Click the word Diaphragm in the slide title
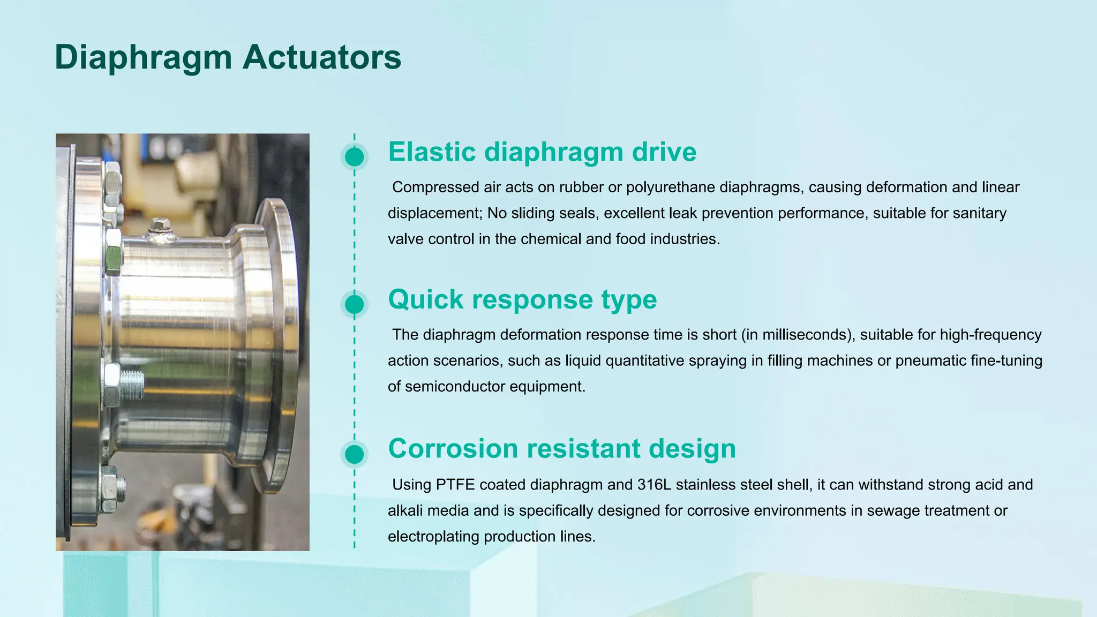coord(143,57)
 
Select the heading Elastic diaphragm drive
coord(542,152)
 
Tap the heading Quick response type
coord(522,299)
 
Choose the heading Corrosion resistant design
coord(562,448)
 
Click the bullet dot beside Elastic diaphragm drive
coord(354,157)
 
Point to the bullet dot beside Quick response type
coord(354,304)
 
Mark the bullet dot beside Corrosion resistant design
coord(354,454)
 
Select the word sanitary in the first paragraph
coord(980,213)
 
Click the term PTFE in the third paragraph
coord(455,485)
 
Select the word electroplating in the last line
coord(433,537)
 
